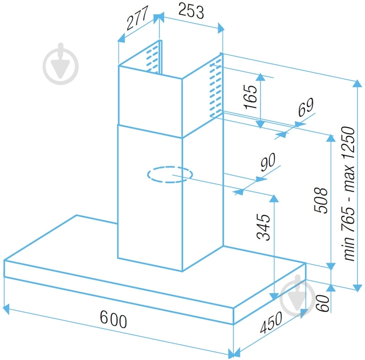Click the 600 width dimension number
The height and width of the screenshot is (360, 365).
(113, 319)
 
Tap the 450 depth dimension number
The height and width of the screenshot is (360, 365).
(271, 322)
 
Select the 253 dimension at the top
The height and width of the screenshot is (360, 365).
(191, 11)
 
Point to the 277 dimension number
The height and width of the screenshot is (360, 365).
(137, 18)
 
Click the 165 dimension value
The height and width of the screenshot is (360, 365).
(251, 97)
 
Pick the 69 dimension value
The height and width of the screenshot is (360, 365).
(306, 107)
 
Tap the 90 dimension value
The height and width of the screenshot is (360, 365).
(268, 161)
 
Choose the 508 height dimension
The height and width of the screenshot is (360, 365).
(321, 200)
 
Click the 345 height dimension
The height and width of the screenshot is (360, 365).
(263, 227)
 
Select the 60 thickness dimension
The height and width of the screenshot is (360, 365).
(323, 303)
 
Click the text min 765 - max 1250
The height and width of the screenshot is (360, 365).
(348, 194)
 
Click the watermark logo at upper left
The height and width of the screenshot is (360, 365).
(60, 64)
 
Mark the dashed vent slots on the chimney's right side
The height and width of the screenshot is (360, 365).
(215, 88)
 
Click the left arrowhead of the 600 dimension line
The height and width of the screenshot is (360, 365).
(6, 309)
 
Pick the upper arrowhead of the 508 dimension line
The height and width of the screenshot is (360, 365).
(331, 138)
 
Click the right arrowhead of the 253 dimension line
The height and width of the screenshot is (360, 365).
(221, 28)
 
